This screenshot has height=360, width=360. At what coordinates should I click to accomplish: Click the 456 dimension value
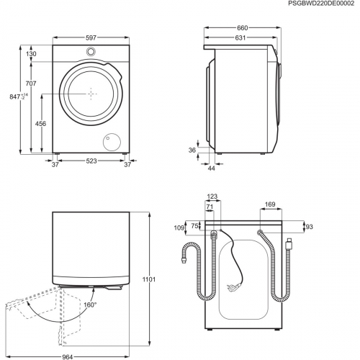(x=41, y=123)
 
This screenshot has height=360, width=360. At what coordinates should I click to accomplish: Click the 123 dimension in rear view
(x=211, y=196)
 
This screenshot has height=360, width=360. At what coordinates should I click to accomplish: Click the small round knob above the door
(x=91, y=52)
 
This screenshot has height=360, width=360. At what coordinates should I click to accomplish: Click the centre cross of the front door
(x=91, y=93)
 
